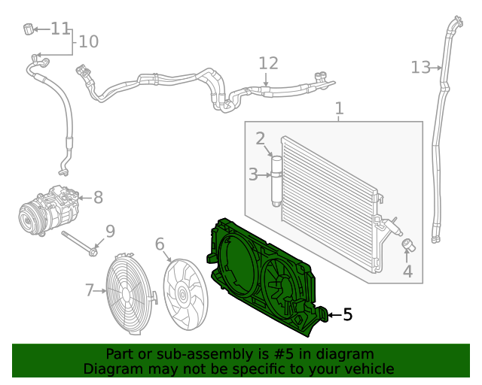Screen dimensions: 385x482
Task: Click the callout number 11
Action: pos(60,29)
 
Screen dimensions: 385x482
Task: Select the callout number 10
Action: pos(88,41)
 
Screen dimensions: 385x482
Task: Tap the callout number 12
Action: pos(268,63)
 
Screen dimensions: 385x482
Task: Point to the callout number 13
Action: pos(420,68)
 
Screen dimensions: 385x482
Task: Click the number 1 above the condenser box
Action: pos(339,108)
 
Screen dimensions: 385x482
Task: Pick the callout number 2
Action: pos(260,138)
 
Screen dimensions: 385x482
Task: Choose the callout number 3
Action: pos(253,175)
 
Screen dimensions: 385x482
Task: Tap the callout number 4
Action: pos(407,271)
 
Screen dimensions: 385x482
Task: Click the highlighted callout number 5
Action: pos(347,314)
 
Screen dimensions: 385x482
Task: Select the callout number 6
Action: pos(160,244)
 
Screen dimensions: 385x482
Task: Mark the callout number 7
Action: pos(89,290)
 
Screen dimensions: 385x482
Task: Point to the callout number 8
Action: pos(98,198)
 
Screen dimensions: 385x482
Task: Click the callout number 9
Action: pos(110,231)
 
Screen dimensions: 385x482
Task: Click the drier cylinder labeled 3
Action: pos(276,180)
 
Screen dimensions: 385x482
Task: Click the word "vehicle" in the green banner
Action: pos(368,368)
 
